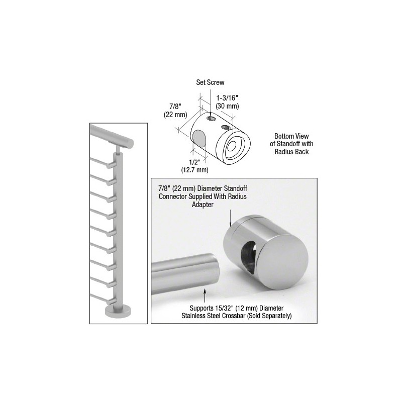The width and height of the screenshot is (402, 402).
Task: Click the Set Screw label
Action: tap(210, 82)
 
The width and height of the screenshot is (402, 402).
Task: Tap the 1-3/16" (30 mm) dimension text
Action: tap(228, 102)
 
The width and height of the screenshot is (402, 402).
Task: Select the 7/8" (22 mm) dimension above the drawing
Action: tap(175, 111)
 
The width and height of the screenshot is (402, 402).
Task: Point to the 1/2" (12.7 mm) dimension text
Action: tap(194, 166)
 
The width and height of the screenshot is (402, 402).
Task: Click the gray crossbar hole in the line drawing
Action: tap(200, 138)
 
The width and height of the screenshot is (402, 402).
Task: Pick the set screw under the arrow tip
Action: tap(212, 119)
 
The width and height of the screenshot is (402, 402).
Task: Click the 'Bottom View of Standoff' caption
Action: tap(291, 144)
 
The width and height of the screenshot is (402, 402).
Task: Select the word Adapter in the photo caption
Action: tap(203, 205)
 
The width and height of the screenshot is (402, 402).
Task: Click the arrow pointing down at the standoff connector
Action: tap(231, 218)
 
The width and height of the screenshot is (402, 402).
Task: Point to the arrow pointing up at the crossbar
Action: tap(205, 295)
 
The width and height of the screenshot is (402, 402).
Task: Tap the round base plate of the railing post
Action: tap(118, 311)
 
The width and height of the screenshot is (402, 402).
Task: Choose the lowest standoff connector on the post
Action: tap(111, 301)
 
